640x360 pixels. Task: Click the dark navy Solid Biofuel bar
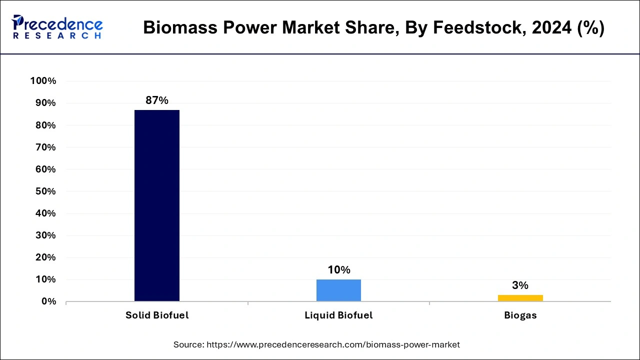[157, 205]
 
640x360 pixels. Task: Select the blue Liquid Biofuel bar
[338, 290]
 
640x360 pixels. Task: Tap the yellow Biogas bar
[520, 298]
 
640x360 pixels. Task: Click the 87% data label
[157, 100]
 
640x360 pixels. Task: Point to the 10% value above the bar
[338, 270]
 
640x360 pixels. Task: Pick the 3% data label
[520, 285]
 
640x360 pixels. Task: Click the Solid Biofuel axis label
[157, 315]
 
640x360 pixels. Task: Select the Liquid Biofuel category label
[338, 315]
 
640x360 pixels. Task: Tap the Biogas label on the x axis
[520, 315]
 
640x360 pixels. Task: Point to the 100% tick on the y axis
[43, 81]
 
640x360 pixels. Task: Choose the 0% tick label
[48, 301]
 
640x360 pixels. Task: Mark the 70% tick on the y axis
[45, 147]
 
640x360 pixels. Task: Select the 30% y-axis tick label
[45, 235]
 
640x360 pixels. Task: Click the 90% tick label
[45, 103]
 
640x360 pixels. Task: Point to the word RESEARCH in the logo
[57, 36]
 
